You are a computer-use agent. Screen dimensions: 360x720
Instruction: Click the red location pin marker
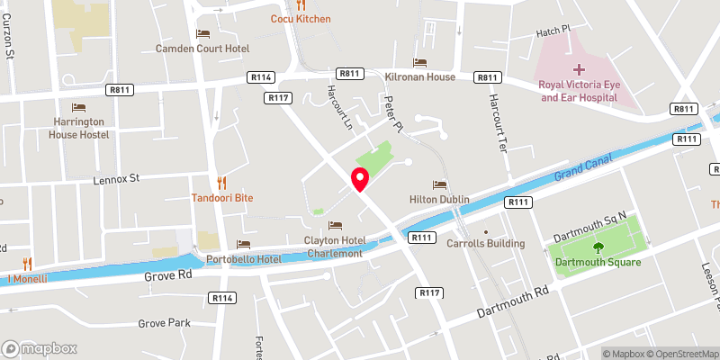point(360,179)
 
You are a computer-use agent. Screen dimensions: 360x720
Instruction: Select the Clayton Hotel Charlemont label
point(333,247)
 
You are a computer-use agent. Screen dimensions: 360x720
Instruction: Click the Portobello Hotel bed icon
point(242,244)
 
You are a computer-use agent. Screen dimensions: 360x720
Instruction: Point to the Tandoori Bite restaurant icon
point(220,181)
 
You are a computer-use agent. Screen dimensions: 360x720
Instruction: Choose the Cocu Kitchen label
point(301,19)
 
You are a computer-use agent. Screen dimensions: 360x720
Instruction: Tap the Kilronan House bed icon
point(419,61)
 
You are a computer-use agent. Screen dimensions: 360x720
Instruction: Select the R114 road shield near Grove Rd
point(222,297)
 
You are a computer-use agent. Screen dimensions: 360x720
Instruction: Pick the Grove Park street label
point(165,323)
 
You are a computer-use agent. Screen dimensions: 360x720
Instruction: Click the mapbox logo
point(40,348)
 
